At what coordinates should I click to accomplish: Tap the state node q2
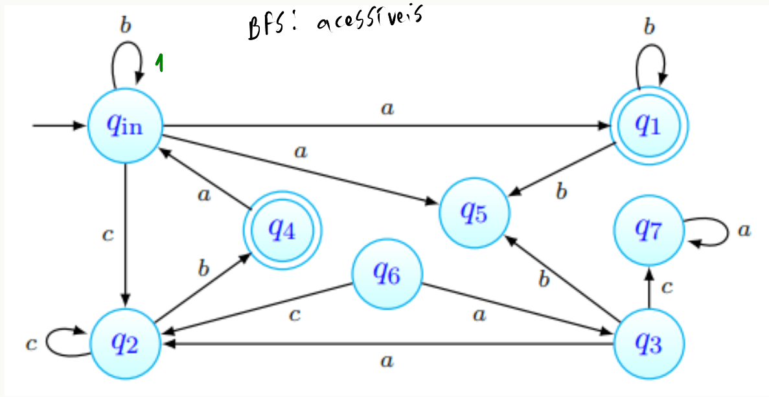(x=124, y=344)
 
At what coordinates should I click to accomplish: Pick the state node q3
(x=648, y=344)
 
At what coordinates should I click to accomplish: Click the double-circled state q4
(x=282, y=229)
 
